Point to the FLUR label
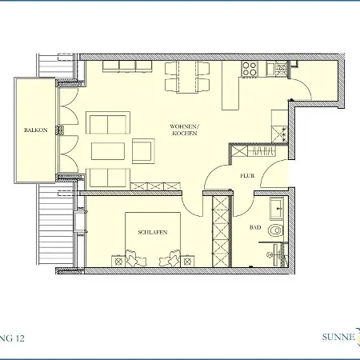pos(247,176)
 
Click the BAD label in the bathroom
pos(254,228)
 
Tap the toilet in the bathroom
pos(275,230)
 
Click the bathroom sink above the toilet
pos(277,210)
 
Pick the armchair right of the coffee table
pos(143,150)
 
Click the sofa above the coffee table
pos(107,124)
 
